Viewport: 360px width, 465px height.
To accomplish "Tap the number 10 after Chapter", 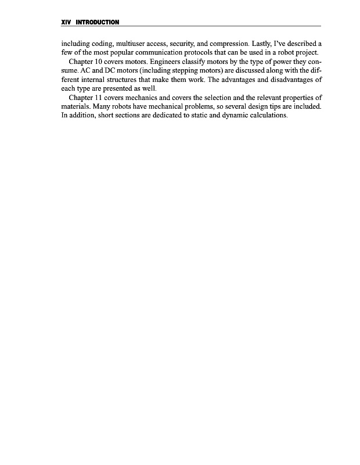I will point(103,62).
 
